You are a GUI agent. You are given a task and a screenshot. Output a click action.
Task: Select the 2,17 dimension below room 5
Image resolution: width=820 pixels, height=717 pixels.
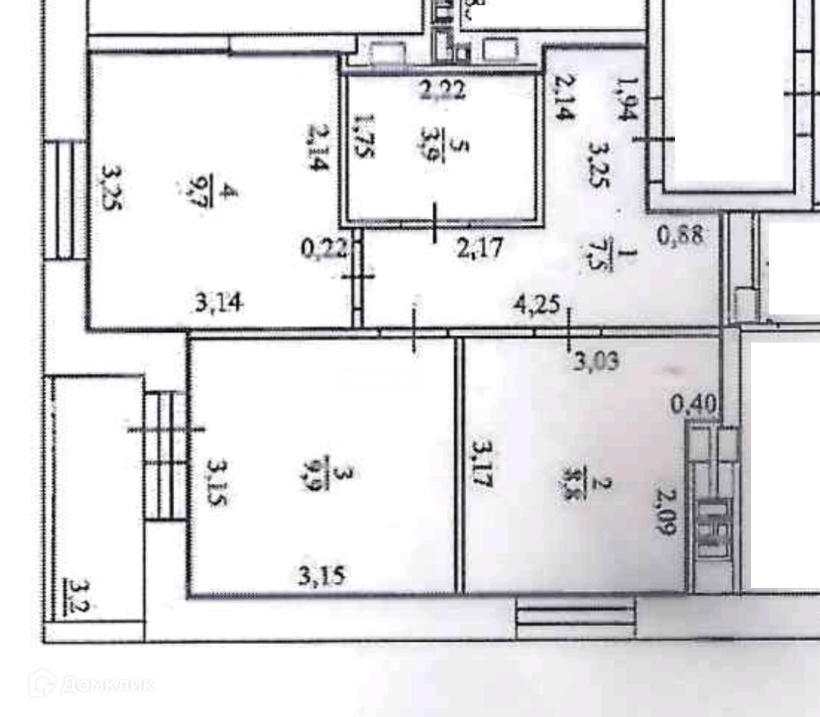480,248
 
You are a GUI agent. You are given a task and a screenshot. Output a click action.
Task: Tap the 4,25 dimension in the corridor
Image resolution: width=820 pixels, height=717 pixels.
537,305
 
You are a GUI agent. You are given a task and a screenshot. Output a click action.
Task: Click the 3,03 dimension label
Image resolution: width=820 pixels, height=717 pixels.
596,359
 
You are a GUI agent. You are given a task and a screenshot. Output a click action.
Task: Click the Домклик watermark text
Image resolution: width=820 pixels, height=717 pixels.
106,684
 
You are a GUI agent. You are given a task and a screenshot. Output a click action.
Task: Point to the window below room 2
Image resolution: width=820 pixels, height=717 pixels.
575,616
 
